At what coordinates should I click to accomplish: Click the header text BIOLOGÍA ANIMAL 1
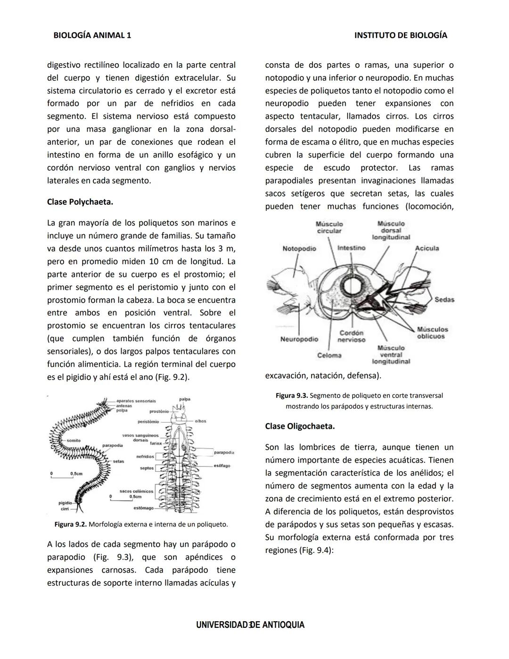[92, 35]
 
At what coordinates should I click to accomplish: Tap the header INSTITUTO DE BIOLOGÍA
[401, 35]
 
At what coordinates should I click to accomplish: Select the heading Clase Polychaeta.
[80, 202]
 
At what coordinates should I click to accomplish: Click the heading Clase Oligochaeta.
[300, 426]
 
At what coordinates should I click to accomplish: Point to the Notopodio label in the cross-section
[299, 249]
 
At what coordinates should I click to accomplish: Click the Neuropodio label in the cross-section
[299, 339]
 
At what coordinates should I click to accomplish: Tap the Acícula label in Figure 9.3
[427, 249]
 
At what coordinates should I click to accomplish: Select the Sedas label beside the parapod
[444, 300]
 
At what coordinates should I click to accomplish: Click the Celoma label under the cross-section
[329, 355]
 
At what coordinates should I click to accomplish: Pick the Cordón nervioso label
[351, 336]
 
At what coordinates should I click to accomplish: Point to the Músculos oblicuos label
[432, 333]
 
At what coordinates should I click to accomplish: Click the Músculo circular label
[329, 227]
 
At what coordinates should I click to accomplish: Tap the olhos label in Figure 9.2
[200, 421]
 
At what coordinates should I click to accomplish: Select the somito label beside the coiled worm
[74, 440]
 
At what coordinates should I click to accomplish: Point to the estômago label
[144, 508]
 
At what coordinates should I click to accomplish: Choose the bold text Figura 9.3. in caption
[292, 395]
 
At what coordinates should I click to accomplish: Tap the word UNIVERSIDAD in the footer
[222, 625]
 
